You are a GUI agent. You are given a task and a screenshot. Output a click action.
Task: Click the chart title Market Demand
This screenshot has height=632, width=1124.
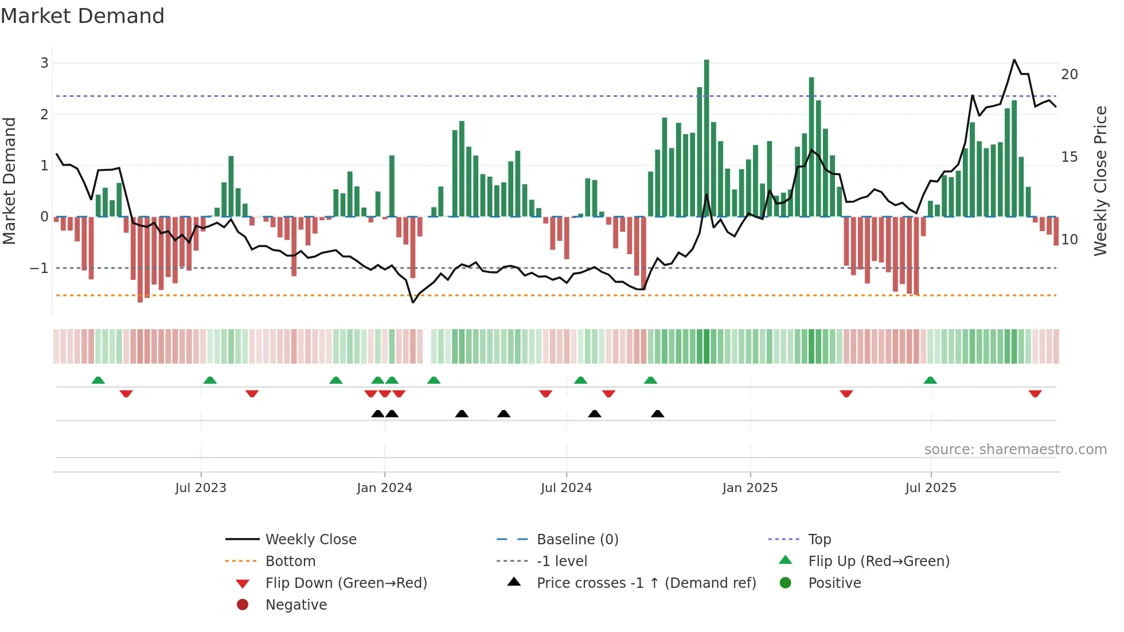tap(83, 15)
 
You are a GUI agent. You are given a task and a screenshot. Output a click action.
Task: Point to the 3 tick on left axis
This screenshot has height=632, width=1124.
tap(44, 63)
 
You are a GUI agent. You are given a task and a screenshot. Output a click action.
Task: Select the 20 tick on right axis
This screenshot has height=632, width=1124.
tap(1069, 74)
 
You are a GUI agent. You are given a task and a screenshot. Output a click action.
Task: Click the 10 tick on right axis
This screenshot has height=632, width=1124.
tap(1069, 239)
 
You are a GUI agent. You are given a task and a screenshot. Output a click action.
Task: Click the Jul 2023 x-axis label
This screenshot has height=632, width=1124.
tap(201, 488)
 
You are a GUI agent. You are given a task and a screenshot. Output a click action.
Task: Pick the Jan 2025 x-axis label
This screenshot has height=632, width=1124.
tap(750, 488)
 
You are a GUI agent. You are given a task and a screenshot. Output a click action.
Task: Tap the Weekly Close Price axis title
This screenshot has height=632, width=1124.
tap(1100, 181)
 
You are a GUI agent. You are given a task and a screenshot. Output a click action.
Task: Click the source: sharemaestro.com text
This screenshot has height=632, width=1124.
tap(1015, 449)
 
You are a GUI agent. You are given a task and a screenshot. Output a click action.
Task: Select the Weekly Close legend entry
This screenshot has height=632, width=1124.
tap(310, 539)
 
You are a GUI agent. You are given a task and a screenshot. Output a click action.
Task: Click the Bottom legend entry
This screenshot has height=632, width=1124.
tap(290, 561)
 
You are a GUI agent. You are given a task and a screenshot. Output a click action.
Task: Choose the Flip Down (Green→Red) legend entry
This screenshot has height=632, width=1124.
tap(346, 583)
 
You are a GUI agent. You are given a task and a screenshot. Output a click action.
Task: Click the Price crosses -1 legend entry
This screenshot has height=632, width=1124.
tap(646, 583)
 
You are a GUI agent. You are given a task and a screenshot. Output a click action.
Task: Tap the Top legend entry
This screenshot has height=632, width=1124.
tap(819, 539)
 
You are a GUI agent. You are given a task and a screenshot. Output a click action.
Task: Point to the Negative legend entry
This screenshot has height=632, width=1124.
tap(296, 604)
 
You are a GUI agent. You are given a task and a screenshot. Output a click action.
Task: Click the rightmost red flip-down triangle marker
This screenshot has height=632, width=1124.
tap(1035, 393)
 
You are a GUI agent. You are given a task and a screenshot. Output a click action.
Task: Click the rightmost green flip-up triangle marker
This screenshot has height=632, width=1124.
tap(930, 380)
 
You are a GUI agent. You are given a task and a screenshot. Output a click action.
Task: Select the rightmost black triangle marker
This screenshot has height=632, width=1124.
tap(658, 413)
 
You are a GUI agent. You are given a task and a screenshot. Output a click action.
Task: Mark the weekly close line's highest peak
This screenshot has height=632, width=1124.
tap(1014, 60)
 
